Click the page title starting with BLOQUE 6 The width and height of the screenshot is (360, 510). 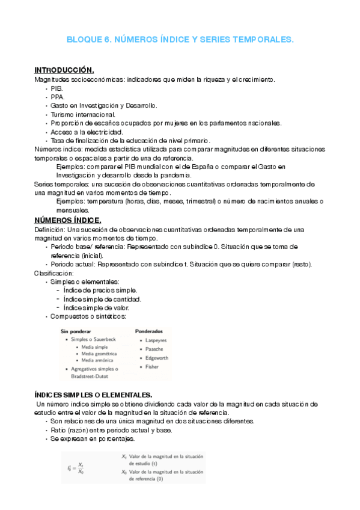(180, 40)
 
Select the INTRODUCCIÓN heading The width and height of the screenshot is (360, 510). (64, 70)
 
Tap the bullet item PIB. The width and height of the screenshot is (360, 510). (56, 88)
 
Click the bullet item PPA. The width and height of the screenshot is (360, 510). (58, 96)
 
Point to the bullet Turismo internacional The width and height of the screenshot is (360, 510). (83, 114)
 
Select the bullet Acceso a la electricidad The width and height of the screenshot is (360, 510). (87, 132)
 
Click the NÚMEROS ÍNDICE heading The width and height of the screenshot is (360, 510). (68, 220)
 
